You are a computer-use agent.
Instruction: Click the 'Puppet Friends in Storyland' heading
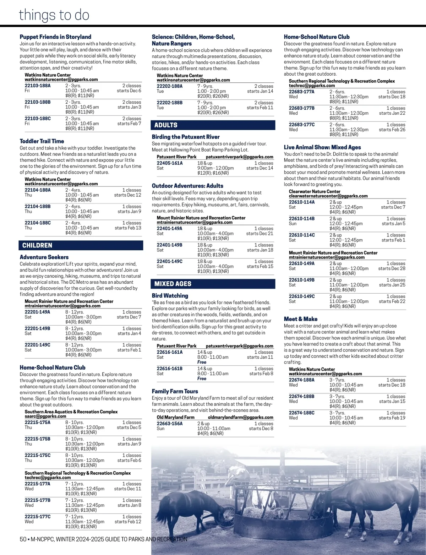pos(55,37)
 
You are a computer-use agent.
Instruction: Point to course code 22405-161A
pos(170,163)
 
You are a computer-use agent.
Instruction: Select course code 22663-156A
pos(170,424)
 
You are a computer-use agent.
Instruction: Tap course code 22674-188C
pos(302,413)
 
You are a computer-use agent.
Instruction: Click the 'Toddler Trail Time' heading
pos(42,141)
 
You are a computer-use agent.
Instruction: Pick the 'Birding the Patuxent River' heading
pos(186,137)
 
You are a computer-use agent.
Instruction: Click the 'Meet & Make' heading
pos(301,319)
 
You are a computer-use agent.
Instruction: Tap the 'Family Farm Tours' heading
pos(175,391)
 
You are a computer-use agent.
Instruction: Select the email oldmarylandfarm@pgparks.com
pos(240,417)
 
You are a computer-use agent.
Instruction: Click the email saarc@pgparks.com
pos(45,416)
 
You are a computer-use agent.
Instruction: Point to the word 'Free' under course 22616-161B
pos(202,379)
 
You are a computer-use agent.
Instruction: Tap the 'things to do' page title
pos(54,15)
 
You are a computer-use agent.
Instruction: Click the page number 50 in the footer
pos(23,539)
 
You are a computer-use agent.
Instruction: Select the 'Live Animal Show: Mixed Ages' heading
pos(322,147)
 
